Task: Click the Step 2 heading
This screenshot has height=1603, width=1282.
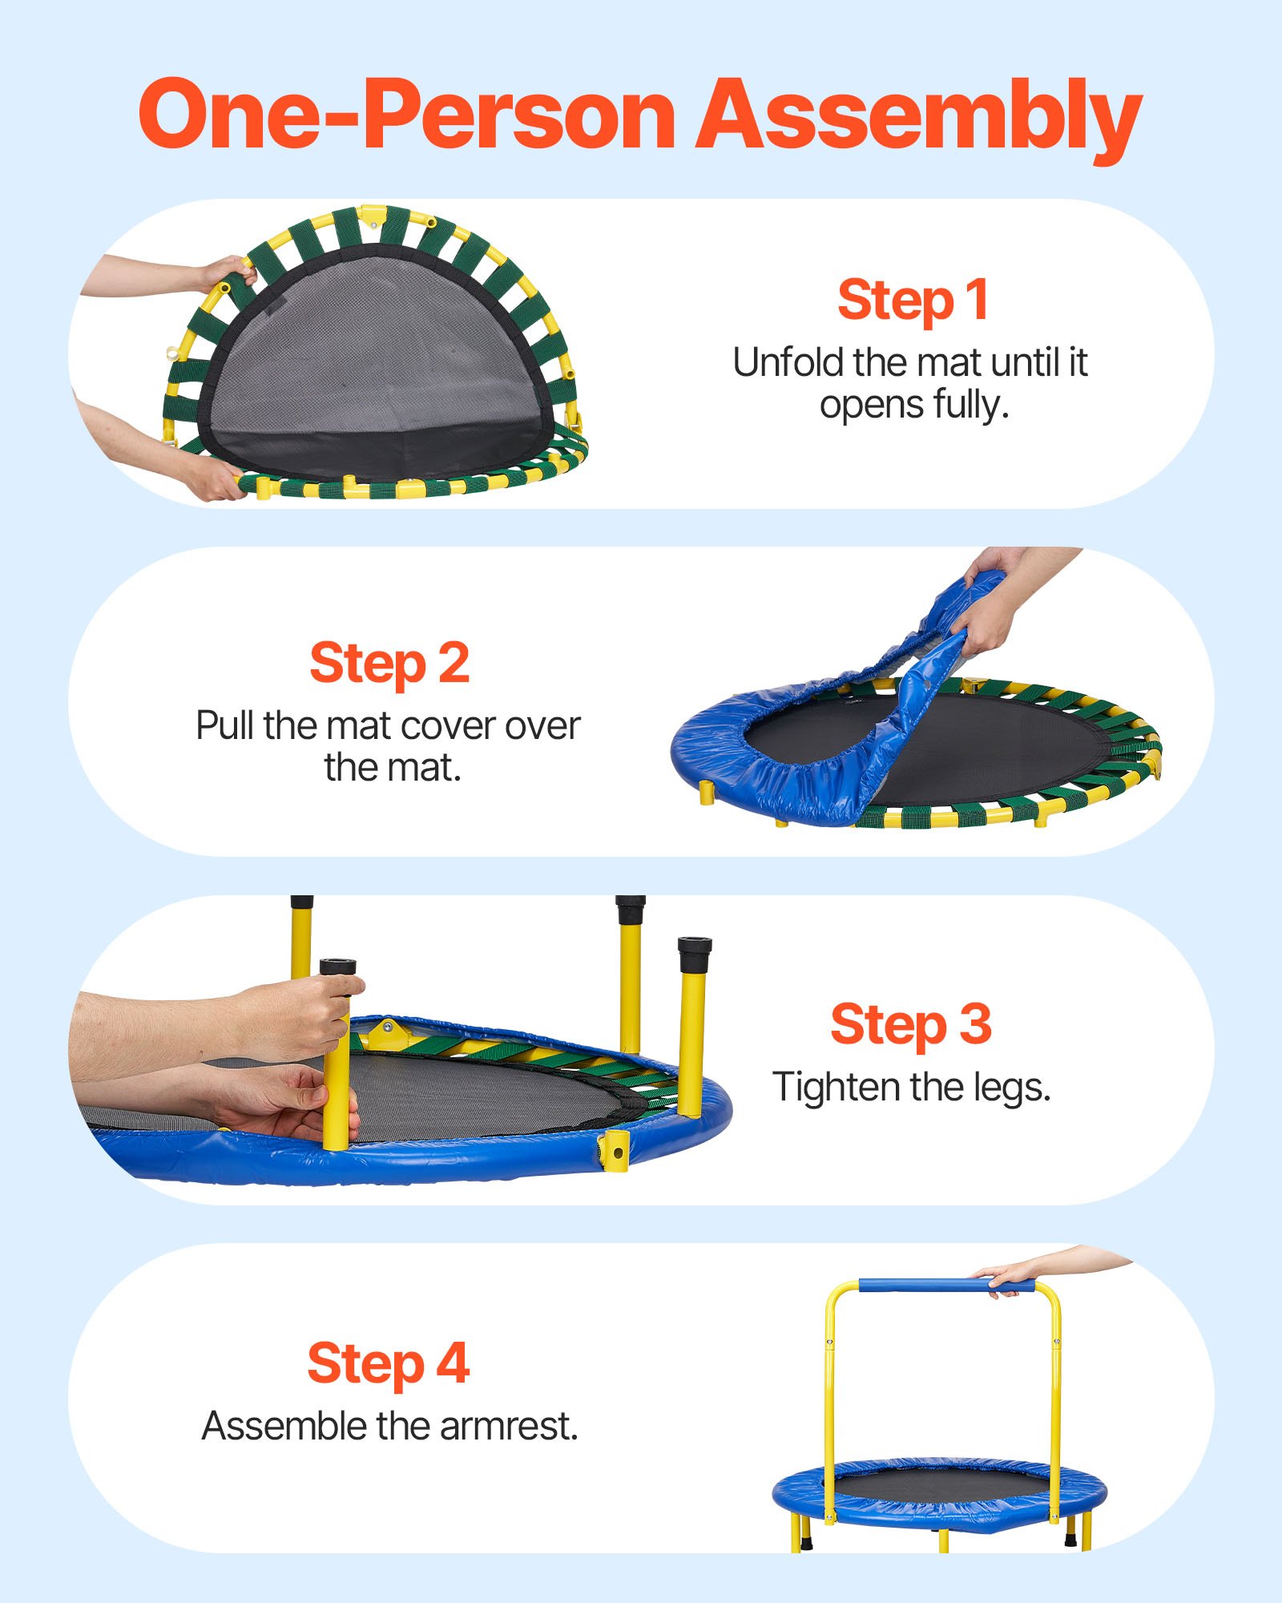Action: tap(389, 663)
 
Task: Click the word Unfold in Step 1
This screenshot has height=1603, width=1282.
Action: tap(789, 362)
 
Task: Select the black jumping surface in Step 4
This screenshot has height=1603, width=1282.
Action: tap(941, 1484)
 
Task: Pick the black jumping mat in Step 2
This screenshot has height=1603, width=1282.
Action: tap(961, 749)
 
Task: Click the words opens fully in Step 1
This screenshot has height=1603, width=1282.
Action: tap(913, 405)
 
